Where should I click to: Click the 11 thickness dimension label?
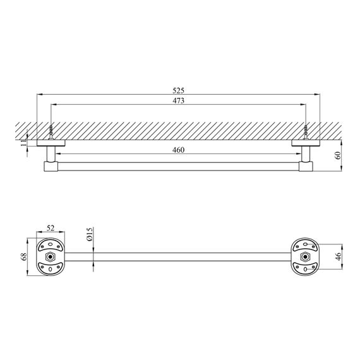(x=23, y=143)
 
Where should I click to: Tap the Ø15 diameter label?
(x=90, y=235)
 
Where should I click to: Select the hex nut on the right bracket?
(x=306, y=257)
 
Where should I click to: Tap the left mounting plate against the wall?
(x=50, y=145)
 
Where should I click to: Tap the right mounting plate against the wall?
(x=306, y=145)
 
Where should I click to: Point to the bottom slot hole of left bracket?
(x=51, y=269)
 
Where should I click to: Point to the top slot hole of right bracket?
(x=306, y=246)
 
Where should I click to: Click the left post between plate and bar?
(x=50, y=154)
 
